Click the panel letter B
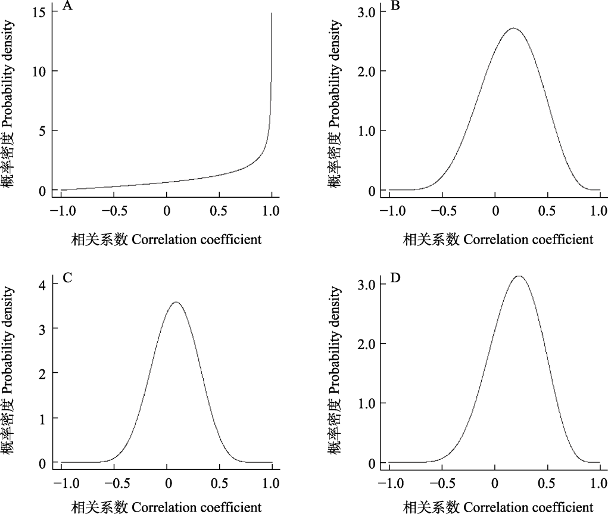[395, 7]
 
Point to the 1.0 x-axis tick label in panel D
[599, 483]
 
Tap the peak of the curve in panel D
[519, 276]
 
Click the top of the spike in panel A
[272, 13]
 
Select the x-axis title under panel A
[167, 239]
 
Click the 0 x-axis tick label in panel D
[494, 483]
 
